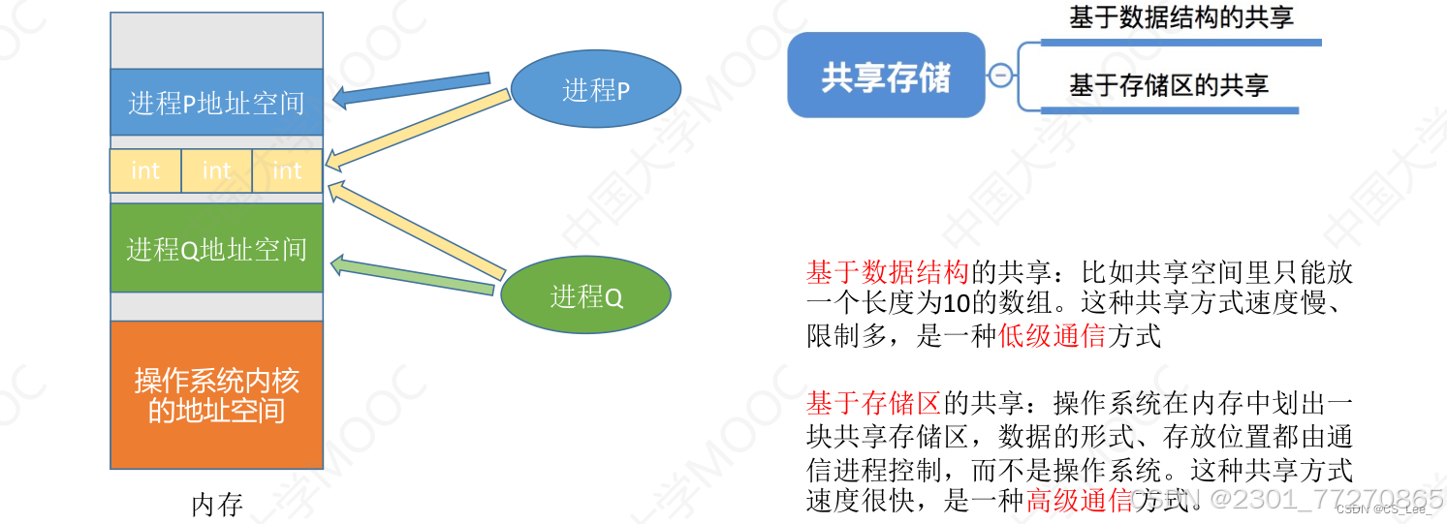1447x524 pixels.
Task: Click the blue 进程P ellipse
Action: click(x=595, y=91)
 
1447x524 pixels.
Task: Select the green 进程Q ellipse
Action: click(x=585, y=295)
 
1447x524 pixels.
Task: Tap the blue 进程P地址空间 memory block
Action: click(x=216, y=102)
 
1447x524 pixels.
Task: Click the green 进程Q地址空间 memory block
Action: click(x=216, y=248)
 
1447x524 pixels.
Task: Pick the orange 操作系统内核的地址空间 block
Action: click(x=216, y=394)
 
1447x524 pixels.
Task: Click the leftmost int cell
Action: click(x=145, y=170)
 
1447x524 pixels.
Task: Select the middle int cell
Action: click(x=217, y=170)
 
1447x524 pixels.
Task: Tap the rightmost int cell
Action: click(x=287, y=170)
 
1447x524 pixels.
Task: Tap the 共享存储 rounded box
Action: click(x=886, y=76)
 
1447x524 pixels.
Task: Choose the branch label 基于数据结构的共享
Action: click(x=1180, y=17)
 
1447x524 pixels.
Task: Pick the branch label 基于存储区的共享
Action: click(x=1169, y=85)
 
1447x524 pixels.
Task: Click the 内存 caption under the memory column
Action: click(x=216, y=505)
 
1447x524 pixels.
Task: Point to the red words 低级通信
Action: click(x=1053, y=336)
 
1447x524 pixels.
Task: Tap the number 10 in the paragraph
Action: click(x=956, y=303)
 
